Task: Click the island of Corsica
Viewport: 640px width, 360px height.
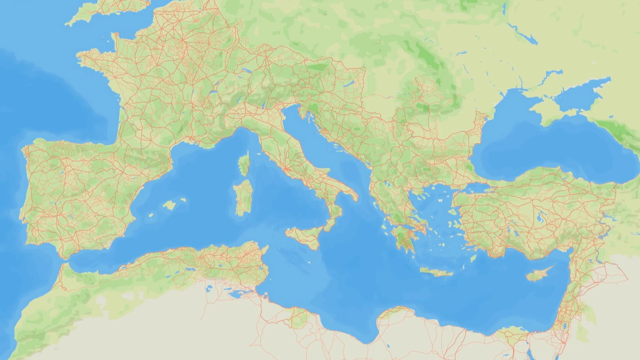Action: [244, 164]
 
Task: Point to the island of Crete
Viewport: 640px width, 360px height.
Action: [436, 272]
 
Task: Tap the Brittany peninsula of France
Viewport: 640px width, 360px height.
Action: [91, 59]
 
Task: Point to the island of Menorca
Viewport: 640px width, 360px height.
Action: [183, 200]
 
